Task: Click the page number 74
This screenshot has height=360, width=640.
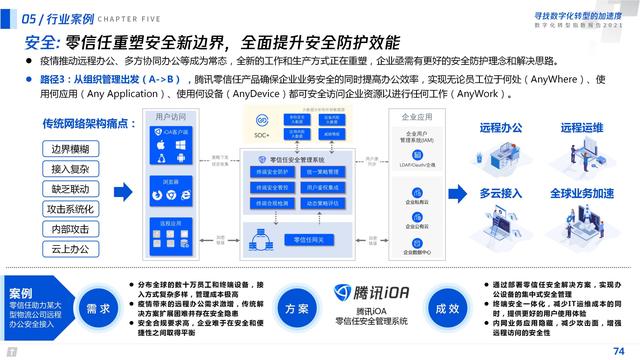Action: [x=617, y=349]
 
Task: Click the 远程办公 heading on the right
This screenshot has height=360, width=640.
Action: [x=506, y=128]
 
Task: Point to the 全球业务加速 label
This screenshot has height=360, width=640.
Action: [x=587, y=191]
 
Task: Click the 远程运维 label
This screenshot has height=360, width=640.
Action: [x=584, y=128]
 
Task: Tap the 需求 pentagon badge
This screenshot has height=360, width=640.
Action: [x=97, y=309]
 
